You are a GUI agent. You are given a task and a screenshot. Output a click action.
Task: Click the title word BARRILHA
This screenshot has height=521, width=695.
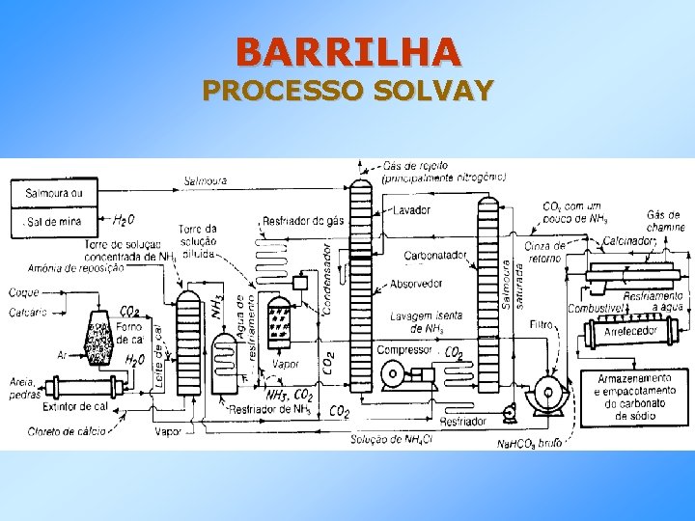(347, 49)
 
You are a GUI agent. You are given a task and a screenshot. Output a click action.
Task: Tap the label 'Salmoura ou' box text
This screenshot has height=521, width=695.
(54, 193)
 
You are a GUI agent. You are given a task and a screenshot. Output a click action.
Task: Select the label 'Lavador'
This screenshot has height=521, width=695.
(412, 210)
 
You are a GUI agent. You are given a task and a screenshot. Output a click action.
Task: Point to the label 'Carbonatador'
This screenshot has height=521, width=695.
(435, 256)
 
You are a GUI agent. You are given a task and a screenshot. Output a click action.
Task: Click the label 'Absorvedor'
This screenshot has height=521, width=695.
(416, 284)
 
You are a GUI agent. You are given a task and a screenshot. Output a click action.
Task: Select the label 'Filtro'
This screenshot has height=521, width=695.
(541, 325)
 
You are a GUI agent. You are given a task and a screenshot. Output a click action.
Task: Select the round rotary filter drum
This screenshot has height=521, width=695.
(546, 395)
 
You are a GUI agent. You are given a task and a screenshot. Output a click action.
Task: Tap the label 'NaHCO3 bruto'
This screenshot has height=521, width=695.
(529, 443)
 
